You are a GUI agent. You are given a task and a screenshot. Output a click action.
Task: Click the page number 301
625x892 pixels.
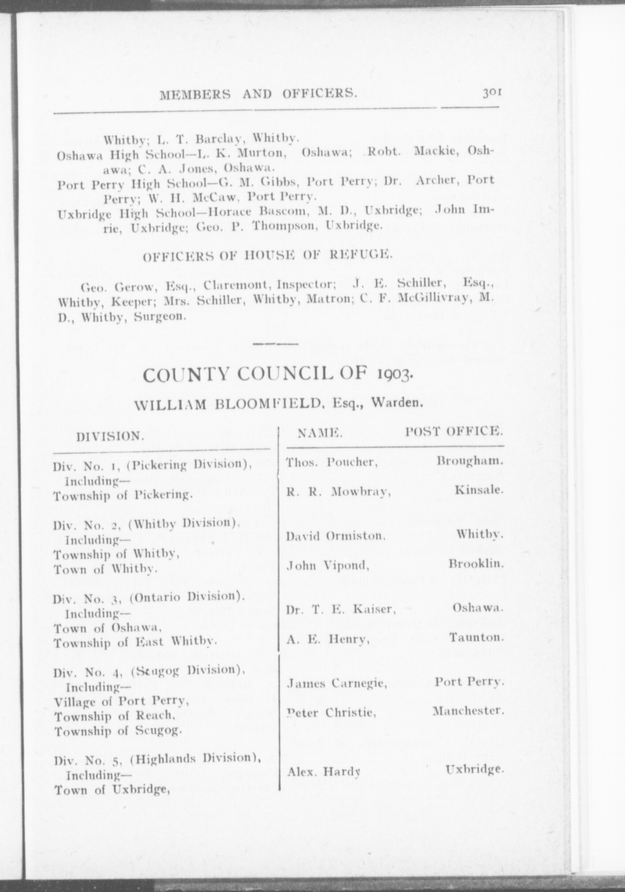[492, 93]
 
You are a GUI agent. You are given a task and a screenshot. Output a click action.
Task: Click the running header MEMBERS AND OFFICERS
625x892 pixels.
[258, 94]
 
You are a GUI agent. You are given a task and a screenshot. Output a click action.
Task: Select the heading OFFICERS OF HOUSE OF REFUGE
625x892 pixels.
[266, 255]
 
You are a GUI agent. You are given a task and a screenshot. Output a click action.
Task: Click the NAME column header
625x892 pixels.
[320, 433]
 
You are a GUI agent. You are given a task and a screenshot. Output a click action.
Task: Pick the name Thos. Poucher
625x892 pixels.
[332, 463]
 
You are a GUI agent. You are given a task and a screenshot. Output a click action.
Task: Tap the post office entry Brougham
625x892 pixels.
[469, 461]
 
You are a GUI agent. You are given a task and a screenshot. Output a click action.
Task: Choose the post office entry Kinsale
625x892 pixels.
[478, 489]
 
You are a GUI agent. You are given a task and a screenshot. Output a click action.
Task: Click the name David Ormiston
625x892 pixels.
[336, 536]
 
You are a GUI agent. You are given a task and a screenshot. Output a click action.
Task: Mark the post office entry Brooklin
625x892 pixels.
[475, 563]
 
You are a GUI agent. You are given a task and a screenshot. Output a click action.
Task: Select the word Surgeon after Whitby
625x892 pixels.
[157, 316]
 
